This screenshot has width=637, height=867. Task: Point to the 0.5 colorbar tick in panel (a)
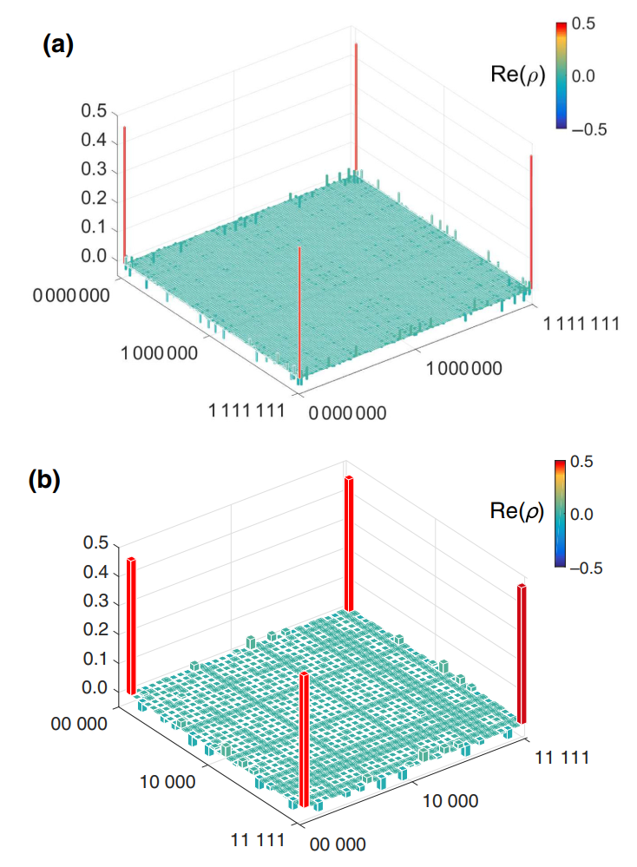click(x=585, y=24)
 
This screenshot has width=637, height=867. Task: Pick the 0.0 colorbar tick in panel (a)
click(x=585, y=76)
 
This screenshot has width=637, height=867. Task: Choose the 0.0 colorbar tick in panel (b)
click(x=585, y=514)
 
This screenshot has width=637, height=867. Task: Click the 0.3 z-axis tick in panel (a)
click(x=94, y=170)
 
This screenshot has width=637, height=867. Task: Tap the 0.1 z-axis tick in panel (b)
click(x=94, y=660)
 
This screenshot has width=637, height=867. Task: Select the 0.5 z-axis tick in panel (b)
click(x=94, y=543)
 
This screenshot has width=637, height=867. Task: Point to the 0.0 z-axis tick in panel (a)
click(x=94, y=257)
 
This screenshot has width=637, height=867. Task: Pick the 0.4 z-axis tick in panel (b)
click(x=94, y=573)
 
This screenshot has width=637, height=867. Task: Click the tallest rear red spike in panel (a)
click(x=356, y=104)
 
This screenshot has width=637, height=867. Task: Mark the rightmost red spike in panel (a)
click(x=531, y=221)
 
